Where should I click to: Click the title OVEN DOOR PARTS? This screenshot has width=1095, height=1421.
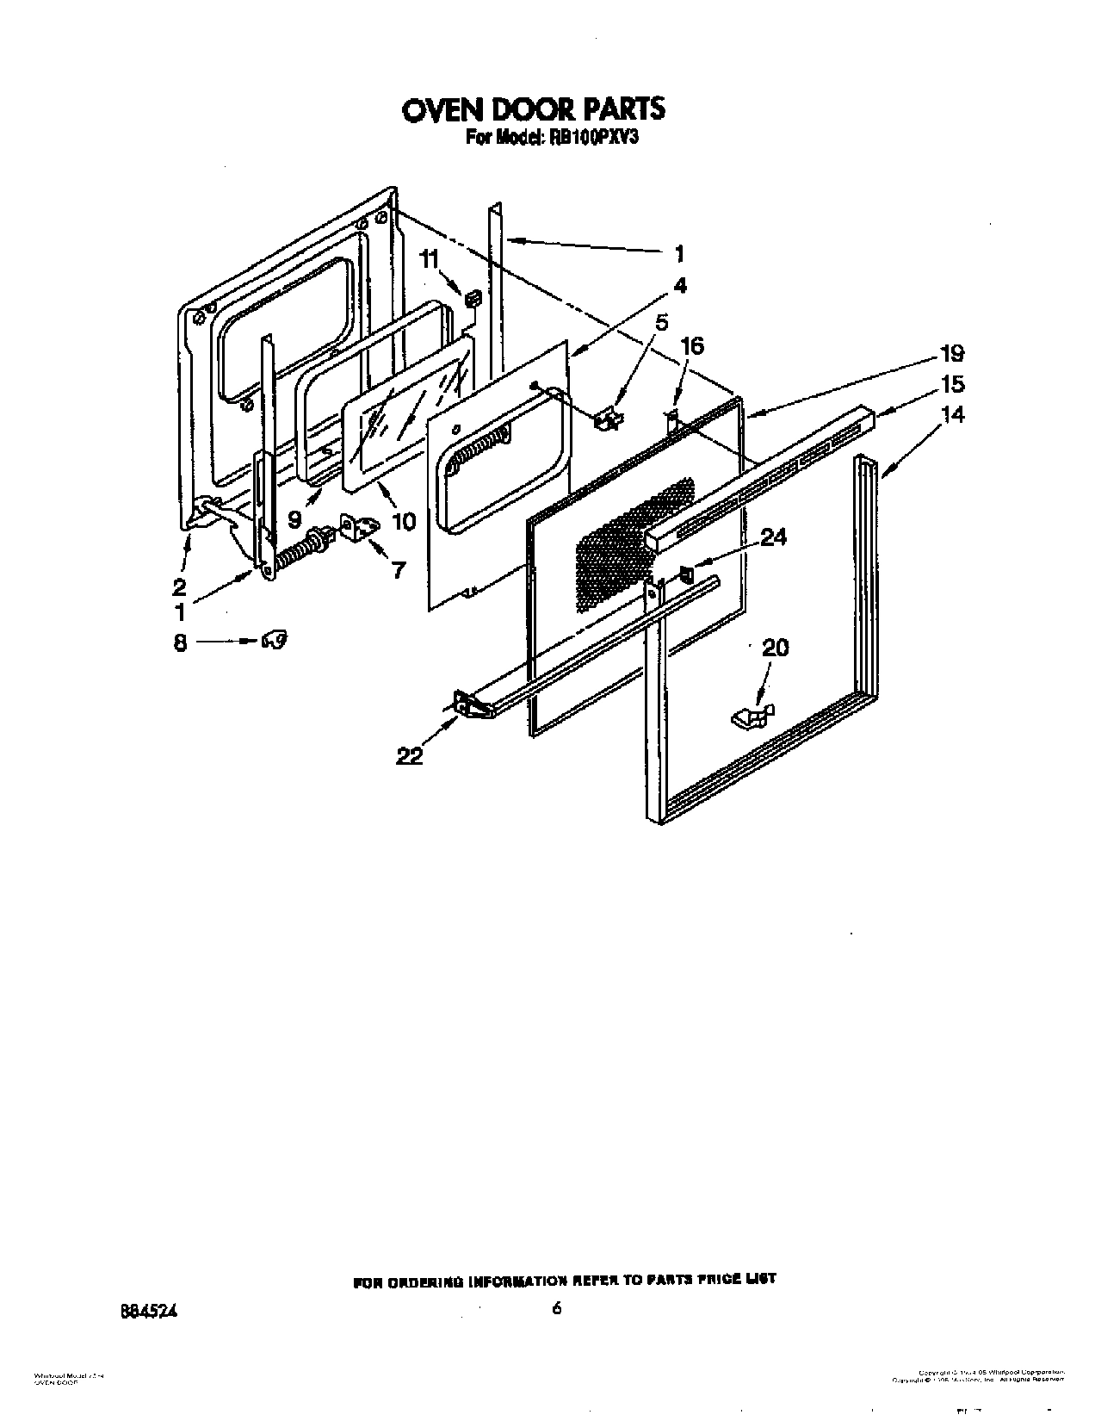[x=534, y=109]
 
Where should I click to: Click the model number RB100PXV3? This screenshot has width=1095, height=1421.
[x=589, y=137]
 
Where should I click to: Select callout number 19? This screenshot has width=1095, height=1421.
[x=952, y=354]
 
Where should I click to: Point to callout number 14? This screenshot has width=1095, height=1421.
[x=952, y=414]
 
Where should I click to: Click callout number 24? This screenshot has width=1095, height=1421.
[x=774, y=537]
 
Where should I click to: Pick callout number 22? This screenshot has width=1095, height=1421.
[x=410, y=756]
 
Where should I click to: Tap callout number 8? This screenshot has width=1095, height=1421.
[x=180, y=642]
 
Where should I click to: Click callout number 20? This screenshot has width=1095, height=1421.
[x=775, y=648]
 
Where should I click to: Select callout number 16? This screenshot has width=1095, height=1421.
[x=692, y=346]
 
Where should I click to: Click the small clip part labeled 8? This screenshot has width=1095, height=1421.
[x=275, y=640]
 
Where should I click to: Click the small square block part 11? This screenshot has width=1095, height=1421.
[x=472, y=299]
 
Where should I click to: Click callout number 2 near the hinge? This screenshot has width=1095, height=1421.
[x=179, y=587]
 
